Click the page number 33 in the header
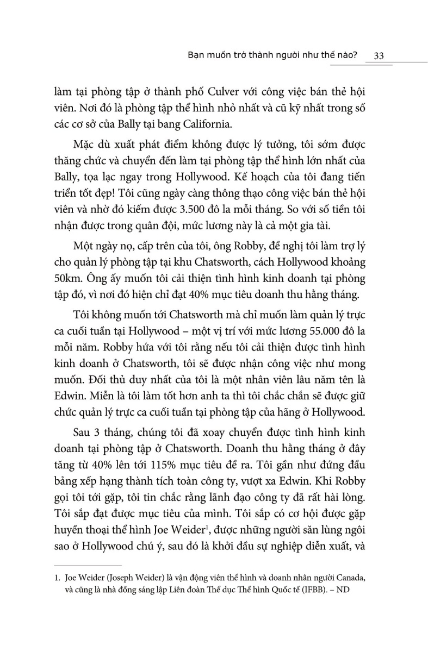click(x=380, y=56)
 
